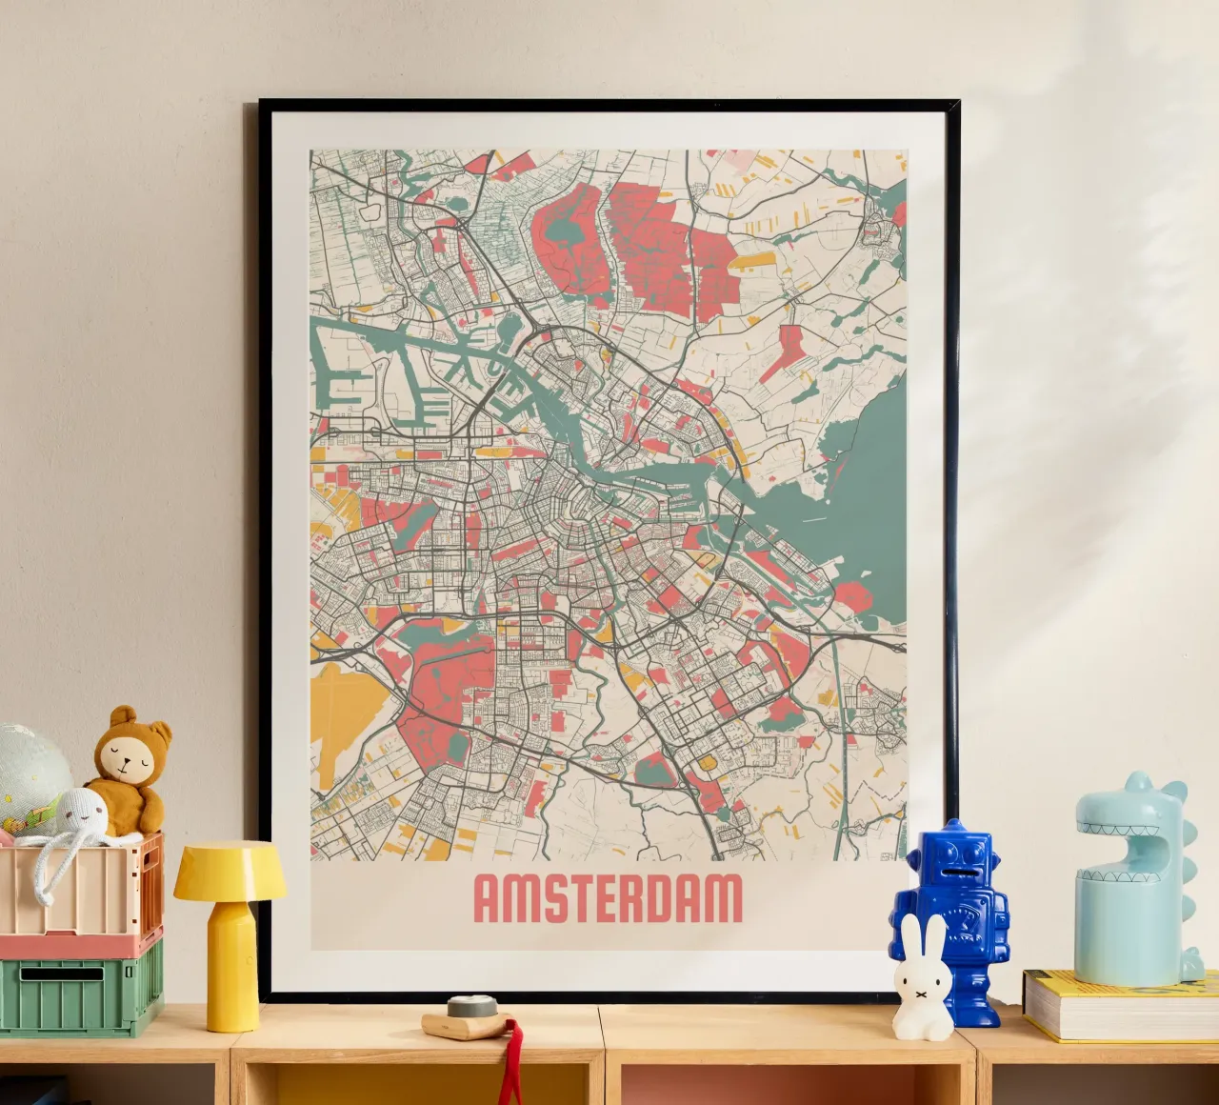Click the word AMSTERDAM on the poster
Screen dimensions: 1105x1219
click(x=608, y=899)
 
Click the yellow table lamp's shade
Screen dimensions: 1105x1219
click(x=230, y=871)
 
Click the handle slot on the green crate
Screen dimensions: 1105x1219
click(x=62, y=974)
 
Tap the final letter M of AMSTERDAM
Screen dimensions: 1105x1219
click(x=724, y=899)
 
